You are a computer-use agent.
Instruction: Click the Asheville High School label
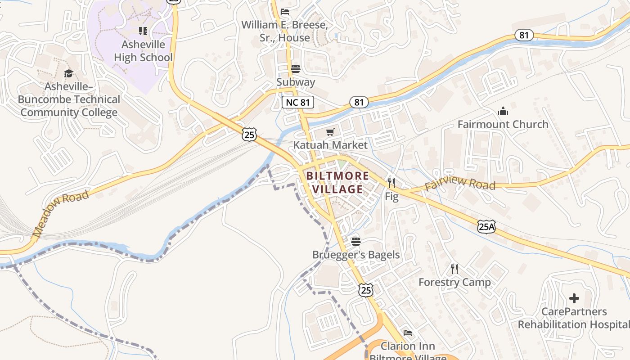(143, 51)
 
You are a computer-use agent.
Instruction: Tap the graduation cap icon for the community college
(68, 73)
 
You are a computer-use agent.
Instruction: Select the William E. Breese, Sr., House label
(284, 31)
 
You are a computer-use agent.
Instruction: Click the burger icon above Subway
(296, 69)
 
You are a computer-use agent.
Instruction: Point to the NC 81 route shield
(298, 102)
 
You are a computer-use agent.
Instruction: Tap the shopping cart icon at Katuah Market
(330, 132)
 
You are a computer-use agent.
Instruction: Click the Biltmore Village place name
(337, 182)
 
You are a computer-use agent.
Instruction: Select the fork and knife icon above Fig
(391, 183)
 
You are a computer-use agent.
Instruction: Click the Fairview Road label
(459, 184)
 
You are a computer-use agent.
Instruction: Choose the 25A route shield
(486, 227)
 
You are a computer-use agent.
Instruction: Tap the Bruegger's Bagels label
(356, 255)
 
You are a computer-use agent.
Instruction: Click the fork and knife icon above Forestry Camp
(454, 269)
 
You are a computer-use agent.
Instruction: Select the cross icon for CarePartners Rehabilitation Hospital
(574, 298)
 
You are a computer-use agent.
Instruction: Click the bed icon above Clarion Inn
(408, 333)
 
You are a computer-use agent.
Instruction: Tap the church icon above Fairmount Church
(503, 111)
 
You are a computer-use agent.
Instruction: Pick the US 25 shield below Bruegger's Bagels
(366, 290)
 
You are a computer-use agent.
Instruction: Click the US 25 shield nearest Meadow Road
(249, 134)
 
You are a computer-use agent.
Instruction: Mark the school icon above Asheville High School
(143, 31)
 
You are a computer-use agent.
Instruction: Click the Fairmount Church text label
(503, 124)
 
